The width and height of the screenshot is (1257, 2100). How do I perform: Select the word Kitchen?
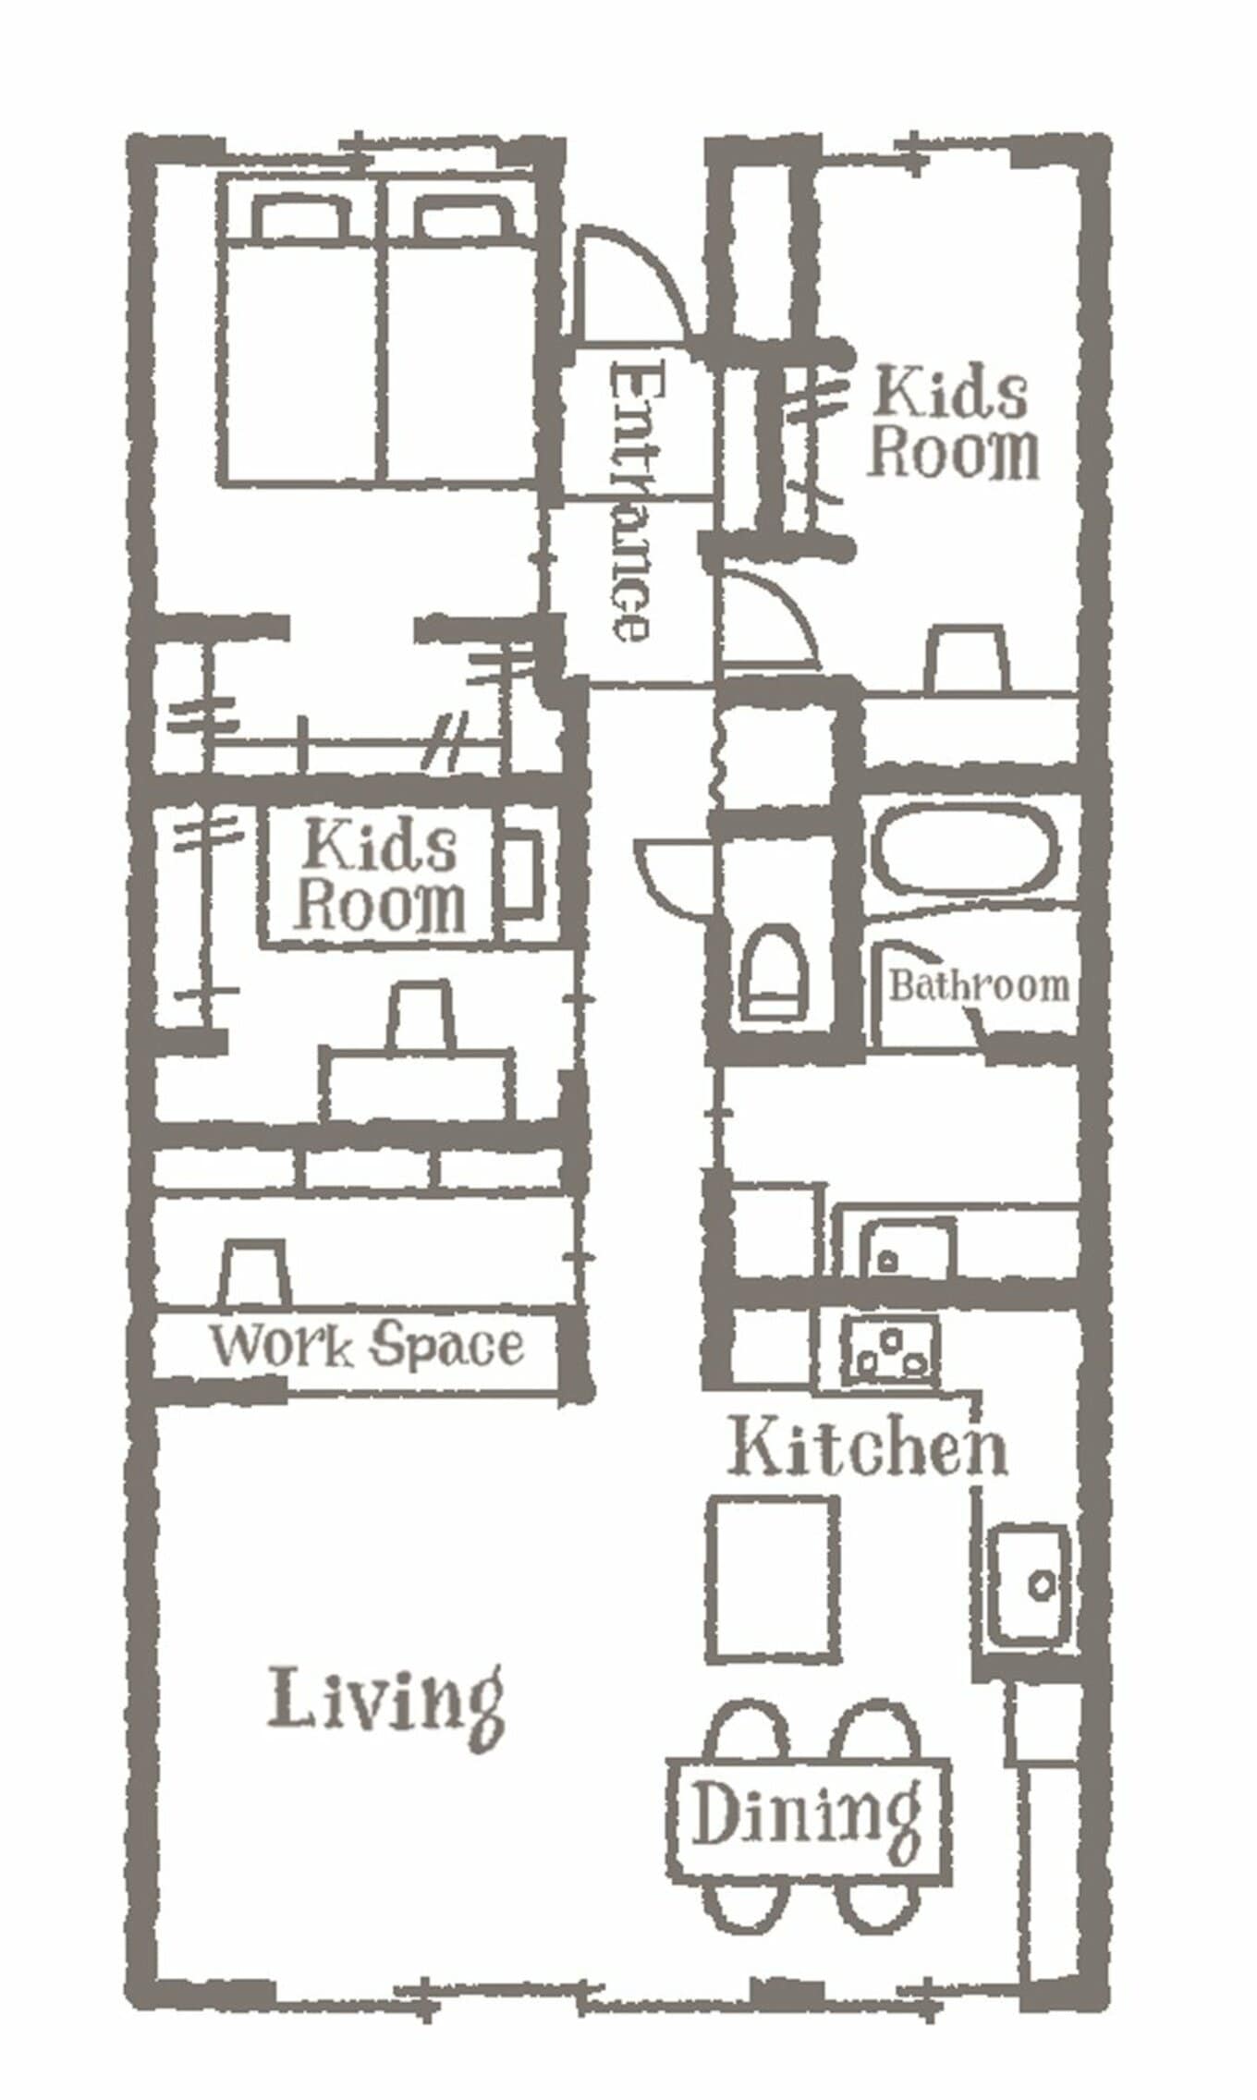(x=867, y=1447)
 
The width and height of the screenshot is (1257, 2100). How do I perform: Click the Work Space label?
(x=367, y=1346)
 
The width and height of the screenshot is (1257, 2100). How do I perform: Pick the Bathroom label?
(x=978, y=986)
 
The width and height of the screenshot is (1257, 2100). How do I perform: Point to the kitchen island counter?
(x=774, y=1580)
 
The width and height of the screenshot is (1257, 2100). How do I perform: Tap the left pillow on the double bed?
(x=302, y=218)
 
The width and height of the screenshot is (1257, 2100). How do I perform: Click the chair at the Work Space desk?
(x=253, y=1274)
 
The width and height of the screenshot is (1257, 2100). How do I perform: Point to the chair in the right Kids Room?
(x=966, y=657)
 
